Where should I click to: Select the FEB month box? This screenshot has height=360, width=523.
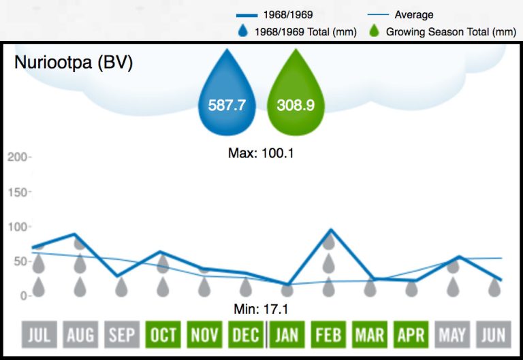[328, 334]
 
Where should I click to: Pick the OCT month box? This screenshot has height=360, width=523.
[163, 334]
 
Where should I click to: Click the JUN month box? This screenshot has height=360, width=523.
[494, 334]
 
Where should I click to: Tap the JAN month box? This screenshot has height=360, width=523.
[287, 334]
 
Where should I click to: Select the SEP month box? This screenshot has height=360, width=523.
[121, 334]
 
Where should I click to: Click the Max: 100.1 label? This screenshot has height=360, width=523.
[261, 153]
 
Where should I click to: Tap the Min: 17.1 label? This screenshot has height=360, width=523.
[261, 310]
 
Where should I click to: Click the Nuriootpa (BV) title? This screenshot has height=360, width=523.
[74, 63]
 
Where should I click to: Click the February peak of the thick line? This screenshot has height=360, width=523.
[330, 230]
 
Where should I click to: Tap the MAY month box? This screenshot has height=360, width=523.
[453, 334]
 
